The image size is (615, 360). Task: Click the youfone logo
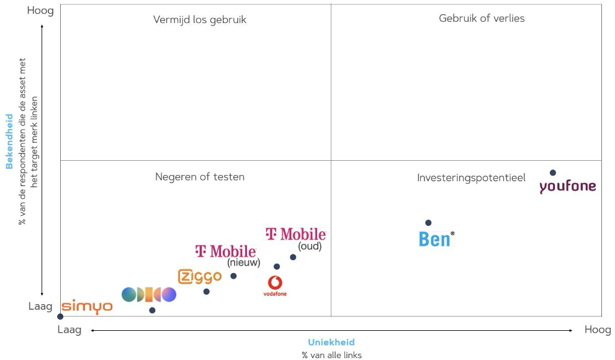[x=567, y=186]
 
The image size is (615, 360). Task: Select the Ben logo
[x=436, y=239]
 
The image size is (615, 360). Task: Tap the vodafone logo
[x=275, y=286]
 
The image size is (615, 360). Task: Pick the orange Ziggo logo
[x=199, y=276]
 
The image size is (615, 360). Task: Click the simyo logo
[x=87, y=306]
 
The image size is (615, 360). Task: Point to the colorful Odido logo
[x=149, y=295]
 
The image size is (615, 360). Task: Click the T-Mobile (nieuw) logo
[x=226, y=251]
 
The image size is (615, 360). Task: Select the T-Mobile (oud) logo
[x=295, y=235]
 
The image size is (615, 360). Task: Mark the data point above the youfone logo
[x=553, y=173]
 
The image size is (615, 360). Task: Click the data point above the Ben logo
[x=428, y=223]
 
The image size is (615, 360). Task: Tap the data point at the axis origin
[x=60, y=317]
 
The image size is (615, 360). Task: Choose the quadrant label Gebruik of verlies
[x=482, y=19]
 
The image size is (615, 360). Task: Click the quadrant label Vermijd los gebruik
[x=200, y=20]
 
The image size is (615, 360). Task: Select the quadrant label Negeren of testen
[x=200, y=177]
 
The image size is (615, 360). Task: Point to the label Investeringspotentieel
[x=471, y=178]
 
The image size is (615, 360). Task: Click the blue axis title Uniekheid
[x=331, y=343]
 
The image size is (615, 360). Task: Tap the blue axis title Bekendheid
[x=9, y=141]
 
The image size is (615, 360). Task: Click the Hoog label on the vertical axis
[x=40, y=11]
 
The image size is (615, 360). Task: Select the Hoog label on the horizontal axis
[x=597, y=330]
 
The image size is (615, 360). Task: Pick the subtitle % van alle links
[x=331, y=355]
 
